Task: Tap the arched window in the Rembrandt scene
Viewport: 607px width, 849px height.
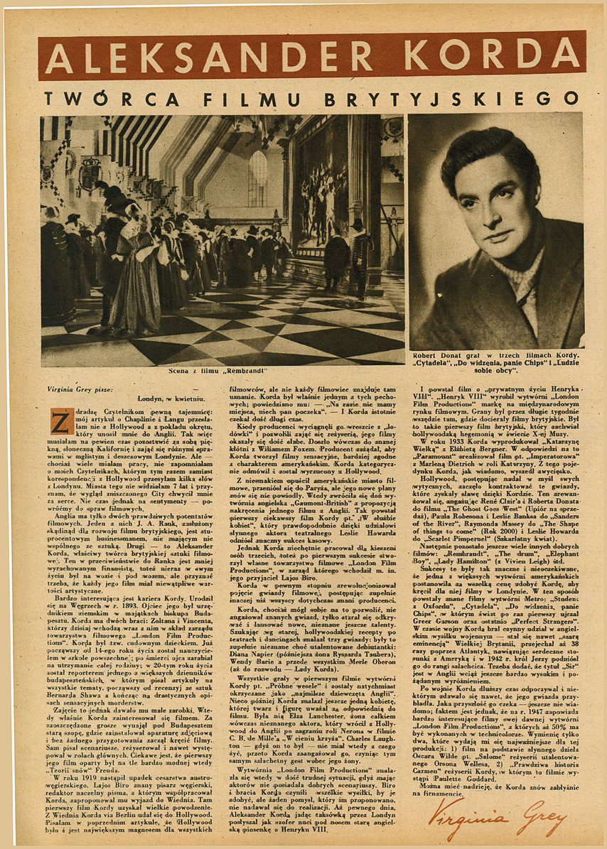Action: coord(258,178)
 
